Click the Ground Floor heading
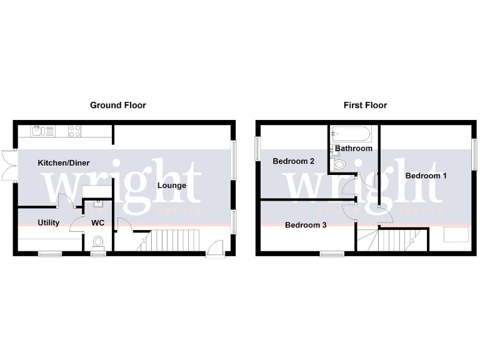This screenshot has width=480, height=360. tap(118, 105)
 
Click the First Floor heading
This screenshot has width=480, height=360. tap(365, 105)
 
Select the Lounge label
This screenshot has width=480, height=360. tap(171, 185)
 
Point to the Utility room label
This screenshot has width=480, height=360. tap(49, 222)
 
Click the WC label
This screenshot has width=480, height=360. tap(98, 222)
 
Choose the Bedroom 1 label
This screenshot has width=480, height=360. tap(426, 176)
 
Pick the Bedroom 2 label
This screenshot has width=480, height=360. tap(293, 161)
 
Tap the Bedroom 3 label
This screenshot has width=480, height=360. tap(306, 225)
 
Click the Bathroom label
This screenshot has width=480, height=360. tap(354, 148)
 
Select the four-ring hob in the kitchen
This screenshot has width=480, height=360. tap(75, 131)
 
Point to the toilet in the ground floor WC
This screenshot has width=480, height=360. tap(98, 241)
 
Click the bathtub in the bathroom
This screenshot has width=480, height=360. tap(352, 134)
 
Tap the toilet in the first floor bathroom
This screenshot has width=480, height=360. tap(339, 165)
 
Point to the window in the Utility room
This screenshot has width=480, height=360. tap(50, 253)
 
